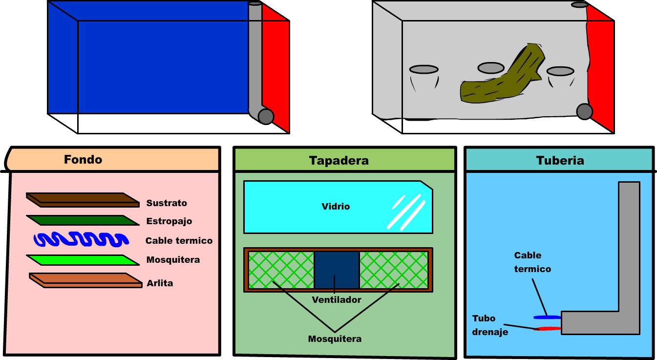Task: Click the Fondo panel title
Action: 83,160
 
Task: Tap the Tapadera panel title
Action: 339,161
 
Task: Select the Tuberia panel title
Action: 560,161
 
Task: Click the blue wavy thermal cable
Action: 81,239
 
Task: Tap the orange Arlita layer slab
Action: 85,280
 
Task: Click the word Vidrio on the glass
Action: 336,207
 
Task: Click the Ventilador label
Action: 337,300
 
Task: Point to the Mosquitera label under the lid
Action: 335,339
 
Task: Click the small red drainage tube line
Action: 548,329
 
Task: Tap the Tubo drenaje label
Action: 490,325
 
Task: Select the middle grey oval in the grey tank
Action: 490,68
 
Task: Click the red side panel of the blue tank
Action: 276,68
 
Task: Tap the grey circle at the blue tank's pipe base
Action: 266,116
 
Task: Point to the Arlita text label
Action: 160,283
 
